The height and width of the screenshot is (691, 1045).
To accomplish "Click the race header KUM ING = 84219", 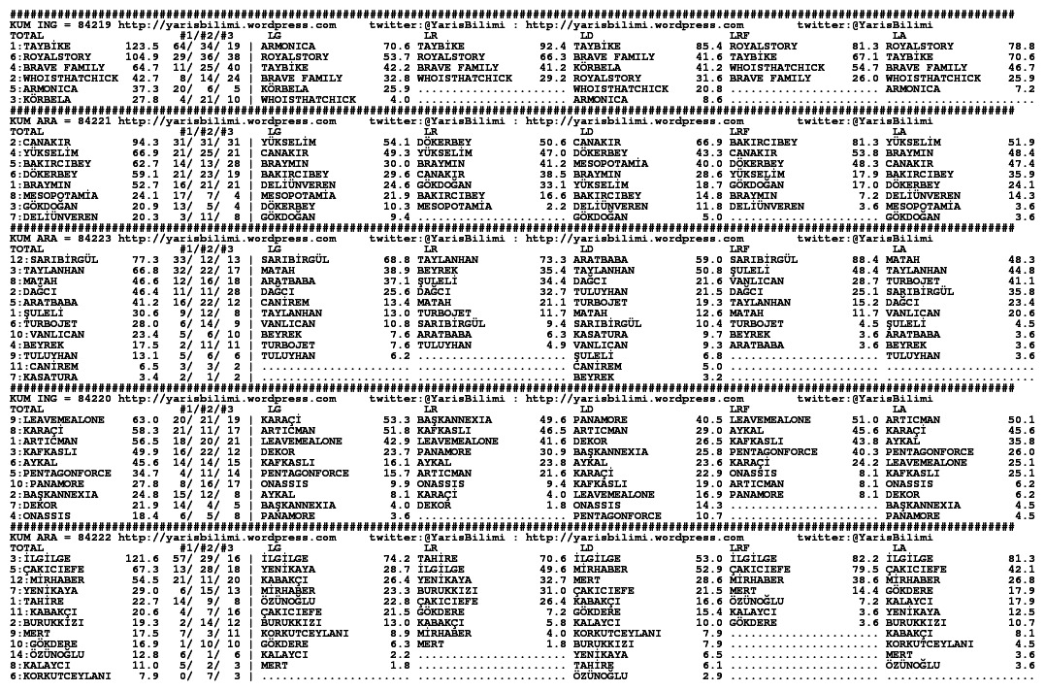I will click(x=58, y=25).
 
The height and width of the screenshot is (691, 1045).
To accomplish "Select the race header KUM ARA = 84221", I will click(x=58, y=121).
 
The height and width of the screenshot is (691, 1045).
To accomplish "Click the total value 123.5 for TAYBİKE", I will click(x=143, y=46).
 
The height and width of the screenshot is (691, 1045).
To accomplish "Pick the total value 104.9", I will click(x=143, y=56).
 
